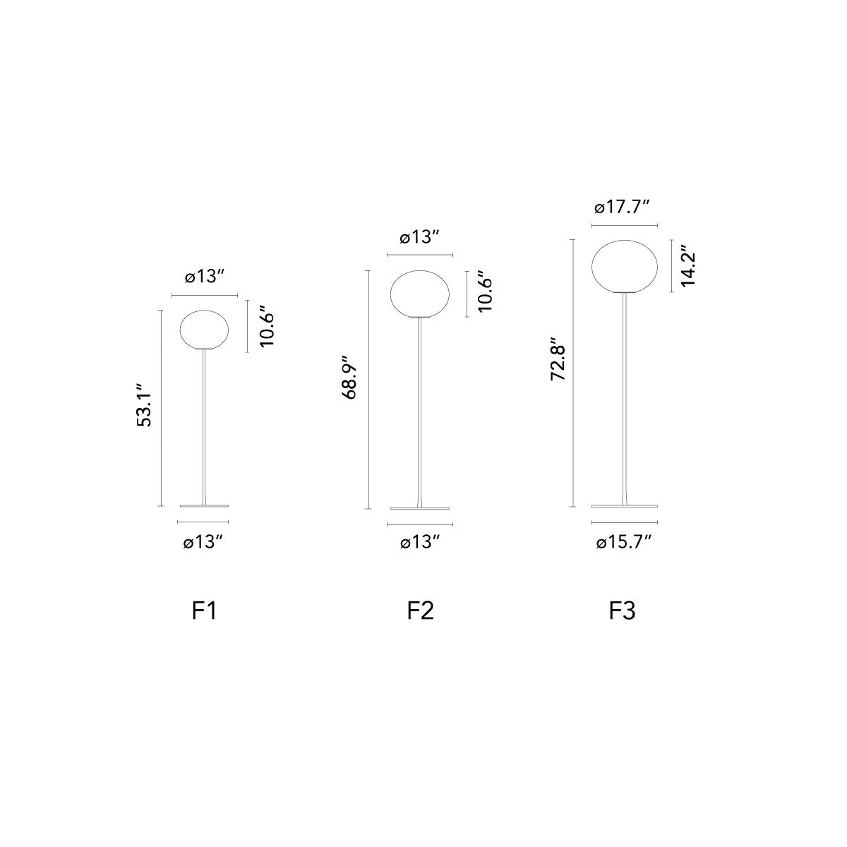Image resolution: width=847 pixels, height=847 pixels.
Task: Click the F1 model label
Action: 204,611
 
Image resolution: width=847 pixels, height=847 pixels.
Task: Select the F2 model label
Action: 420,611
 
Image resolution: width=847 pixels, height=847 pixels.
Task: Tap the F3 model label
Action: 622,611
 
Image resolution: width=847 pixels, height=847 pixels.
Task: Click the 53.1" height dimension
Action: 144,405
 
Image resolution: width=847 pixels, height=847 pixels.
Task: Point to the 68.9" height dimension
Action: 349,377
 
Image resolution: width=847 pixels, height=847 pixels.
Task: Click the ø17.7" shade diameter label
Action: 622,207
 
